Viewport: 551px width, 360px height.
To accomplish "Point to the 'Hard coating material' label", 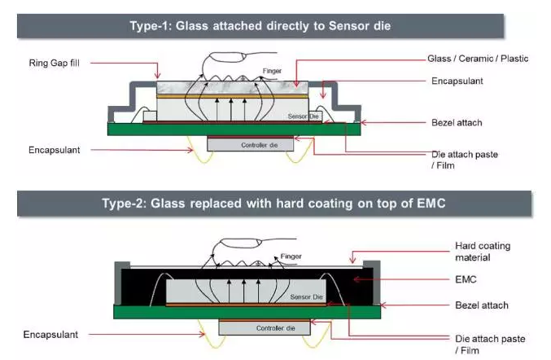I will coord(483,252).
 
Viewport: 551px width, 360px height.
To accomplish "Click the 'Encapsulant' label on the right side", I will coord(459,81).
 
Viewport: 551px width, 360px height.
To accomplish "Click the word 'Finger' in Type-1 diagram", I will coord(272,71).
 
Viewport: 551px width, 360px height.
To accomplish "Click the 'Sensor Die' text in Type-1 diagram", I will coord(301,117).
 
